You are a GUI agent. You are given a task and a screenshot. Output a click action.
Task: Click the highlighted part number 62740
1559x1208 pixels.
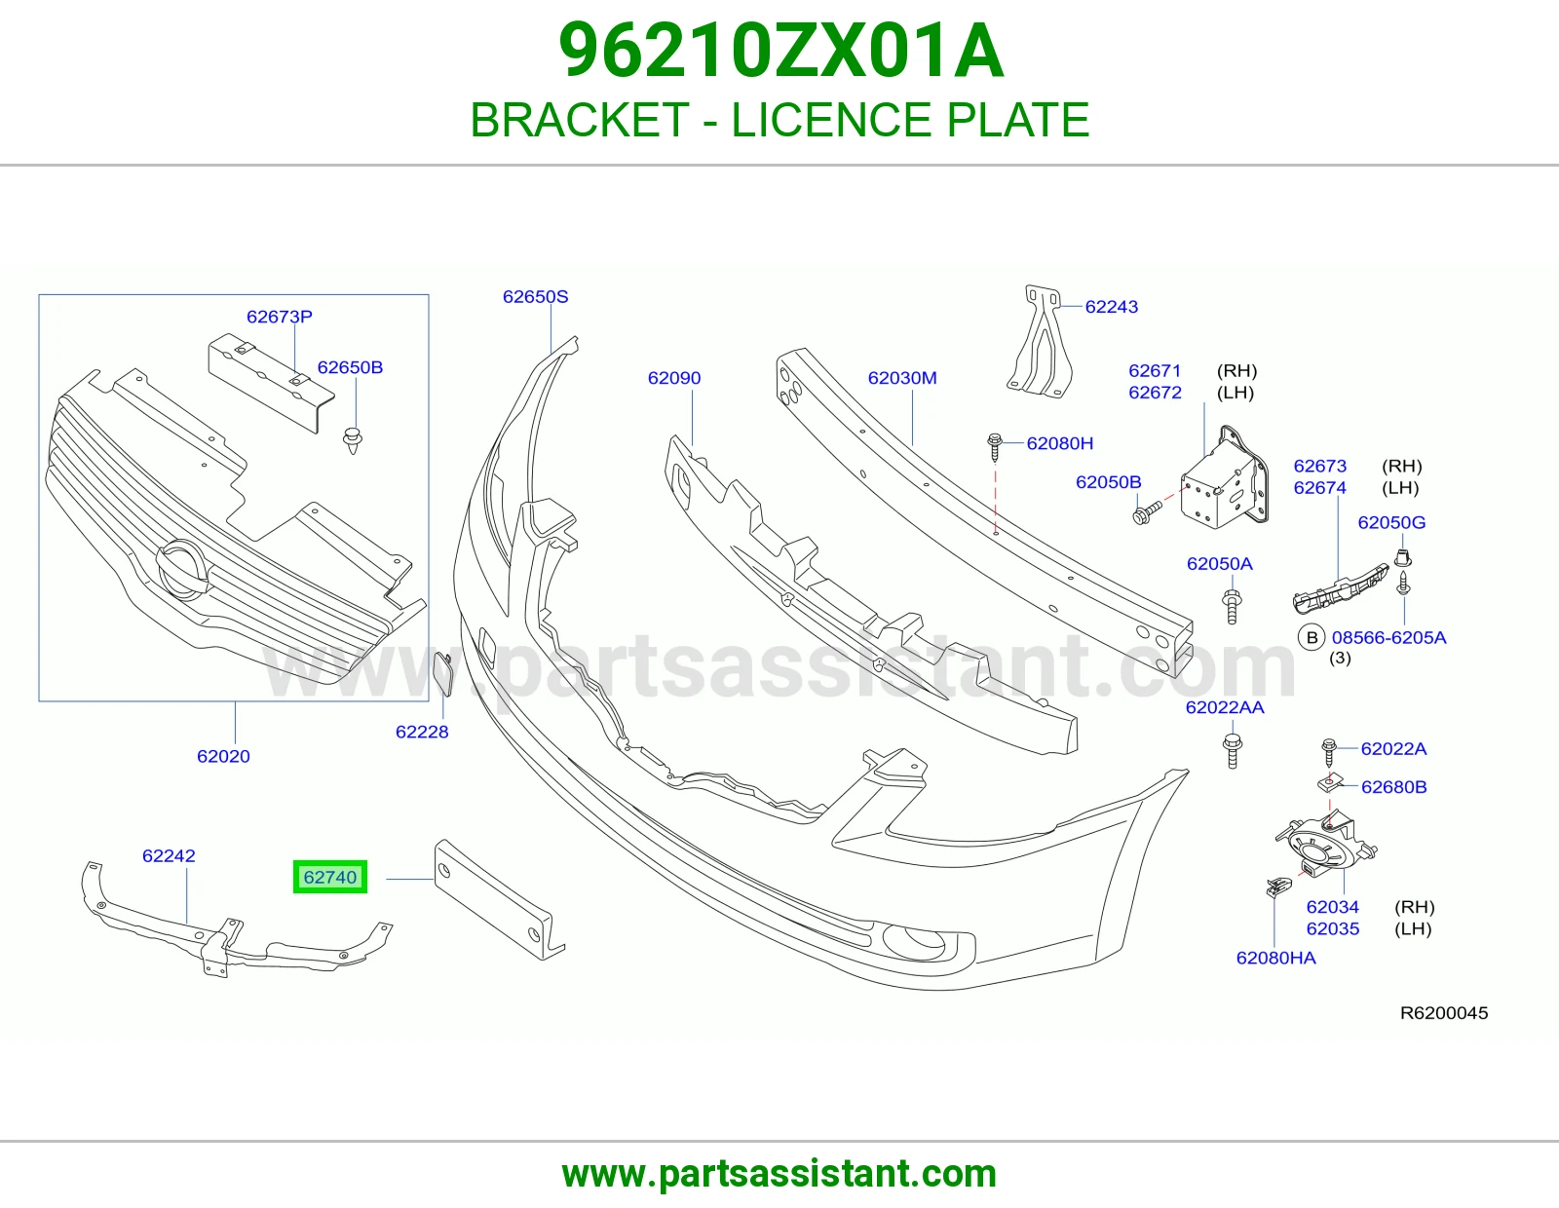(330, 877)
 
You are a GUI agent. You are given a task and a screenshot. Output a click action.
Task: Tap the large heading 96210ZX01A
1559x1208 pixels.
(780, 52)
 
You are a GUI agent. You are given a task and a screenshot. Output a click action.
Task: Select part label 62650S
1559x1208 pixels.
(535, 297)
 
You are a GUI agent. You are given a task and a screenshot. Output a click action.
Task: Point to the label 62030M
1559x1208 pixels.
(902, 378)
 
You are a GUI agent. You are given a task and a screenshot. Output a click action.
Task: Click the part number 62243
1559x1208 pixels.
(1112, 307)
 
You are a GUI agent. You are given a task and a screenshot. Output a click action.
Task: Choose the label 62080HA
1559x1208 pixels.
(1275, 959)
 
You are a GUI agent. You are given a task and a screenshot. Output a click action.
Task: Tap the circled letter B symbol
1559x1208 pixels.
(1312, 638)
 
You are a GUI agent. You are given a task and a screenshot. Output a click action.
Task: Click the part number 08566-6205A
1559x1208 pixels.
(1388, 638)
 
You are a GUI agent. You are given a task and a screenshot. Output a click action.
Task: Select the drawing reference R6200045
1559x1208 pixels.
(1444, 1013)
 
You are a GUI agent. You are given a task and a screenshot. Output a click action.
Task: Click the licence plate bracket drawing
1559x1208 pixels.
(499, 900)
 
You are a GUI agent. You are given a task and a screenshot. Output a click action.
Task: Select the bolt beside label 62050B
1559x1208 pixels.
(1147, 512)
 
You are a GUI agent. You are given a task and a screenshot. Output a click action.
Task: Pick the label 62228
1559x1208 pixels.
(422, 733)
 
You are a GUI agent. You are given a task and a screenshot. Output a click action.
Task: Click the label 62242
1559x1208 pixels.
(169, 855)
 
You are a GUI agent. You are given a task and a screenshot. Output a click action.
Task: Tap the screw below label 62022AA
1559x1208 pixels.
(1233, 751)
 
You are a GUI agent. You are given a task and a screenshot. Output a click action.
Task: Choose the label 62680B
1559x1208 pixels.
(1393, 788)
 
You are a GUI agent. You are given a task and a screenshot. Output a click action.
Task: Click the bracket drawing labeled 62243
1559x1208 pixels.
(1040, 341)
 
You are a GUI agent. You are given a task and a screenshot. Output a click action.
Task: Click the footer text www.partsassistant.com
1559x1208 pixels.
(779, 1174)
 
